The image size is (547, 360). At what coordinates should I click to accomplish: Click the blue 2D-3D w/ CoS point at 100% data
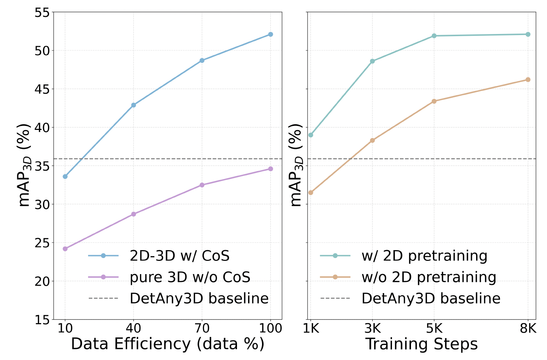270,34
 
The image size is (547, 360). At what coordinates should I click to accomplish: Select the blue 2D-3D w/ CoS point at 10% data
65,176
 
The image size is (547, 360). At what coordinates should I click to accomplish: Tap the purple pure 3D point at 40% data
134,214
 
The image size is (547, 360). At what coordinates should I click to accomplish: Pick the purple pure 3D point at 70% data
202,185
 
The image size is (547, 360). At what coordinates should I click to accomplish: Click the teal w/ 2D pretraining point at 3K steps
372,61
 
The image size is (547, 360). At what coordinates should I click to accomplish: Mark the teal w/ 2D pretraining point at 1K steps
311,135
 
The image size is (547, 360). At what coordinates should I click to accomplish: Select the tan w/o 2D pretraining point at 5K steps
434,101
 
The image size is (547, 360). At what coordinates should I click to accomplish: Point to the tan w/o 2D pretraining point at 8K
528,79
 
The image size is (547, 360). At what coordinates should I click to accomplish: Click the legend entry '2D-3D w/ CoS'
179,256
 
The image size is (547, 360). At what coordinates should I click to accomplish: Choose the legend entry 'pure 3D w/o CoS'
190,277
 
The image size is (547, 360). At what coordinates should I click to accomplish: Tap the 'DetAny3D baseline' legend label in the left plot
199,298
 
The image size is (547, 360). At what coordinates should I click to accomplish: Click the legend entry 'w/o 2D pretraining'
429,277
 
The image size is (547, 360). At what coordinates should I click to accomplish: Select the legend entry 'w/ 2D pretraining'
424,256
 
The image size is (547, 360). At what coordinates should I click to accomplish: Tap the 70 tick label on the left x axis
202,329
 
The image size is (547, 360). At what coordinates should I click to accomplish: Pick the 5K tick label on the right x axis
434,329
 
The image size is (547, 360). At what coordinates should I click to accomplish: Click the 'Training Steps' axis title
421,344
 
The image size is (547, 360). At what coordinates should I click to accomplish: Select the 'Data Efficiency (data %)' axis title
168,344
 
